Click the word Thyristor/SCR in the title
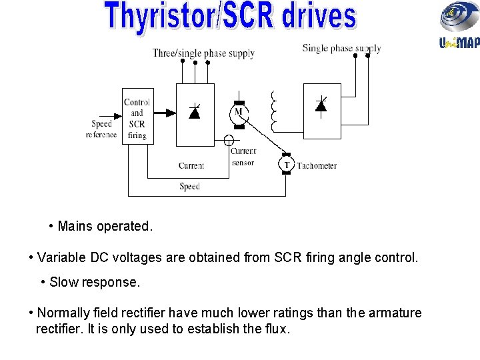(188, 17)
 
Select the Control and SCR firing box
(136, 115)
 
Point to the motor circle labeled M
(238, 112)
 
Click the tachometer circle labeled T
(287, 165)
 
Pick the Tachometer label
(317, 165)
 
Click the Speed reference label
(101, 129)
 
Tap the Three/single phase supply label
(203, 53)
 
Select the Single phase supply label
(341, 48)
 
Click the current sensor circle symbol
(229, 141)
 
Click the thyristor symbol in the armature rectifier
(195, 112)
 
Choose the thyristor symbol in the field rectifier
(321, 105)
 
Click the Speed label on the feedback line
(189, 187)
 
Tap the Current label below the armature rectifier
(191, 165)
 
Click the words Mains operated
(105, 226)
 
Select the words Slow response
(95, 282)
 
